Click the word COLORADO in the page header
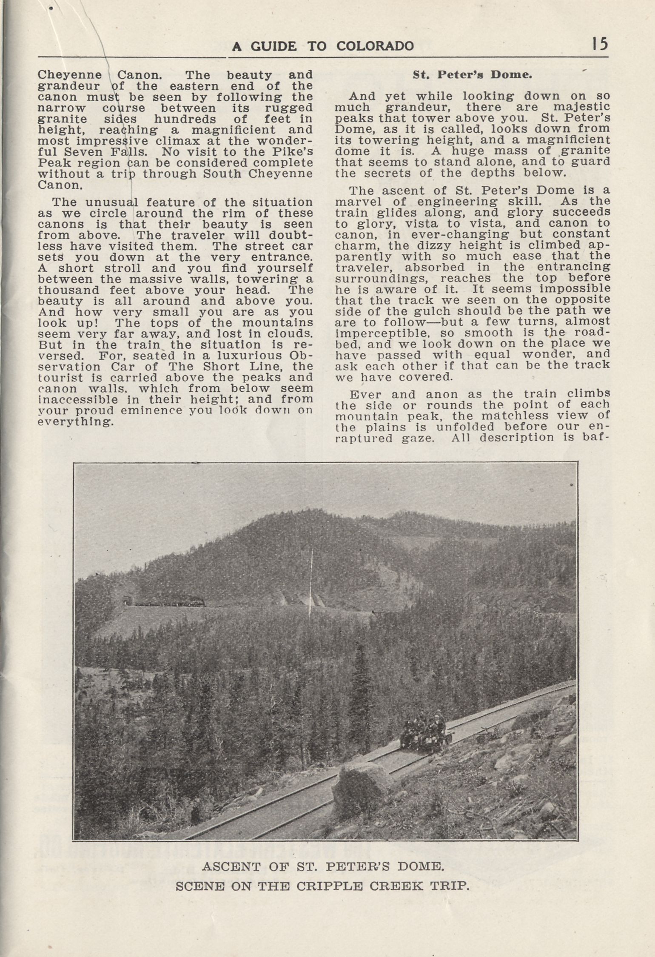375,46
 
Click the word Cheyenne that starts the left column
70,75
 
